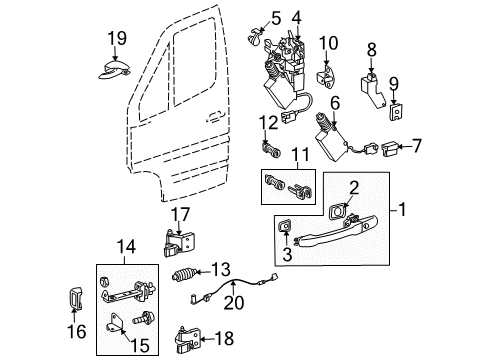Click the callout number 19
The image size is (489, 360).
118,38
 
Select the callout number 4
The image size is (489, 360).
296,17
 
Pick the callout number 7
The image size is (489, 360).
418,148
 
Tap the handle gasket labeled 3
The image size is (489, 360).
286,236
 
